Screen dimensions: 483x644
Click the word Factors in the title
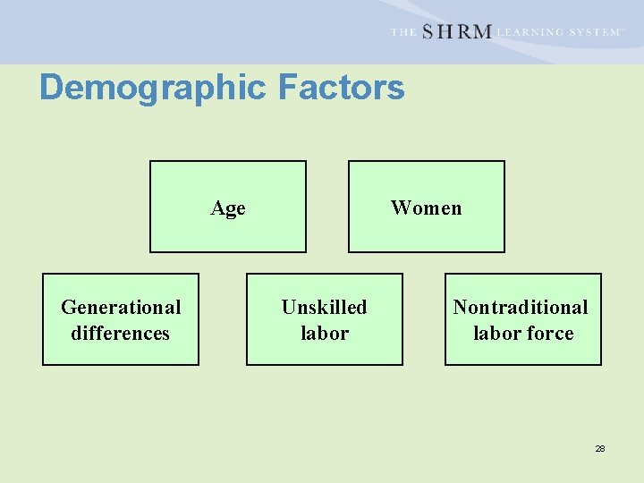(341, 88)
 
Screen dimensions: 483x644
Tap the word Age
(228, 208)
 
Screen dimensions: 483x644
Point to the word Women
(426, 208)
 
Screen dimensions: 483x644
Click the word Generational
(121, 308)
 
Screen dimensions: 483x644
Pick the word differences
(121, 334)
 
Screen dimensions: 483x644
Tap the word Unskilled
(324, 308)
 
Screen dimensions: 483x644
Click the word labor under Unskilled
(324, 334)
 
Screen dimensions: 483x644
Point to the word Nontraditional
(521, 308)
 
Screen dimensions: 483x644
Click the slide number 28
(600, 448)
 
